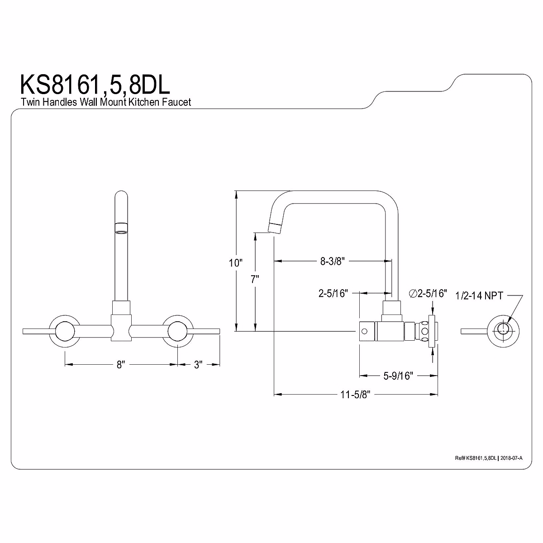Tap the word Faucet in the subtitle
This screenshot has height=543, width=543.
[178, 102]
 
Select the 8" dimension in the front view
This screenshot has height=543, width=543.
[120, 364]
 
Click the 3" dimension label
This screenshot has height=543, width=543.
[198, 364]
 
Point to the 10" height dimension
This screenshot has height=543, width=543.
[235, 262]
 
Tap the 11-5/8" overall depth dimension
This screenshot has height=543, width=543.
[355, 395]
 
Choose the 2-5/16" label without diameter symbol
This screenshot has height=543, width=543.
[333, 293]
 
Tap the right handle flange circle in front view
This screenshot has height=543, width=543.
[177, 331]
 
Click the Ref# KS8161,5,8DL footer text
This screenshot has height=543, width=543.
[475, 458]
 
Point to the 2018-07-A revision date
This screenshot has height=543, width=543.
[511, 458]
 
